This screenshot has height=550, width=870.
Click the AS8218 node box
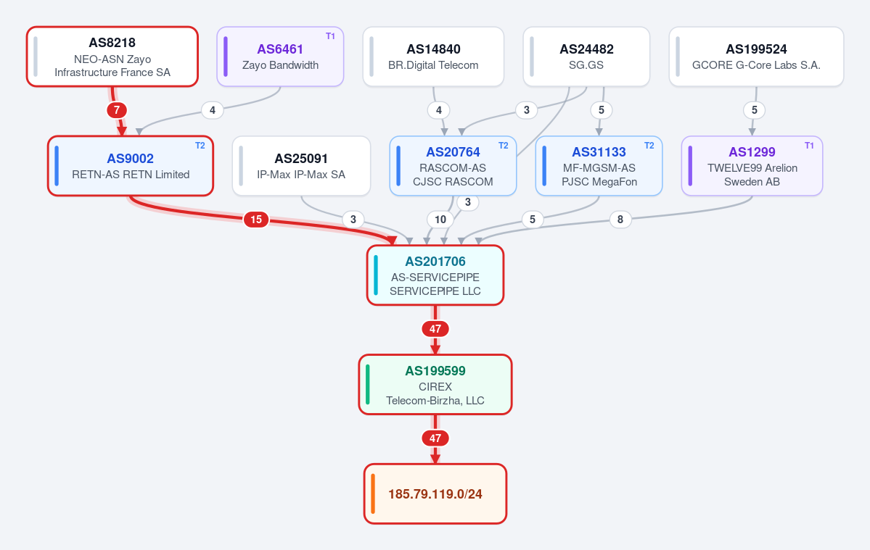pos(112,57)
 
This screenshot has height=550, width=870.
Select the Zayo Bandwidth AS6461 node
pos(280,57)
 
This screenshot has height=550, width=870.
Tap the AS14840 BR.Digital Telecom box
pos(433,57)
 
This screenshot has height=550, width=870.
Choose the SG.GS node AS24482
pos(586,57)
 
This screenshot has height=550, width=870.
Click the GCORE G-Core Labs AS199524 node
pos(756,57)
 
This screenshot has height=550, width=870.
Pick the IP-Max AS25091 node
pos(301,166)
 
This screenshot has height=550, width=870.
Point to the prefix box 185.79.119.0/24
pos(435,493)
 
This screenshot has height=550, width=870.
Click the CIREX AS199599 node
pos(435,384)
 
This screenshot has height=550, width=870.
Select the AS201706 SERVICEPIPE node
pos(435,275)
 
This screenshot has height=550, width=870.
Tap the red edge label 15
pos(256,220)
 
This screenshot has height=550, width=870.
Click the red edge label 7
pos(117,110)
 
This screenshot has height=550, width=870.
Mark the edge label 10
pos(440,220)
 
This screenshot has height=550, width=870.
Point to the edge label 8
pos(620,220)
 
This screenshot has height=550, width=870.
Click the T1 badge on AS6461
pos(330,36)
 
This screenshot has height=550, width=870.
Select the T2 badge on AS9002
pos(200,146)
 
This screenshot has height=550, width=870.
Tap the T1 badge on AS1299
pos(809,146)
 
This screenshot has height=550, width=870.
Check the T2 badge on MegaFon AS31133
pos(649,146)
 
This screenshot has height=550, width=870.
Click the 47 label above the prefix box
pos(435,438)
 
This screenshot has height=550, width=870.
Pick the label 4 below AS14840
pos(438,110)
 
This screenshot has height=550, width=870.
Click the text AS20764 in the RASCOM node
pos(453,152)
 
